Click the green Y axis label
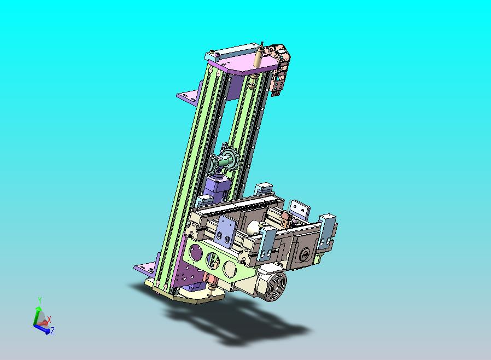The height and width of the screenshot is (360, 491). (40, 300)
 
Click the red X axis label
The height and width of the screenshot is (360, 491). (49, 320)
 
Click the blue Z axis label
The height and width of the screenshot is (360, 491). (52, 330)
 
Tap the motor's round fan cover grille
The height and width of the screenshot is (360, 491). (275, 286)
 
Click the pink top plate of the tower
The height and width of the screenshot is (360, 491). (244, 65)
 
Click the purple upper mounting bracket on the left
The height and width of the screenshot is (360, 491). (190, 94)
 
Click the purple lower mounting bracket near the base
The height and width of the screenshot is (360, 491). (146, 268)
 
